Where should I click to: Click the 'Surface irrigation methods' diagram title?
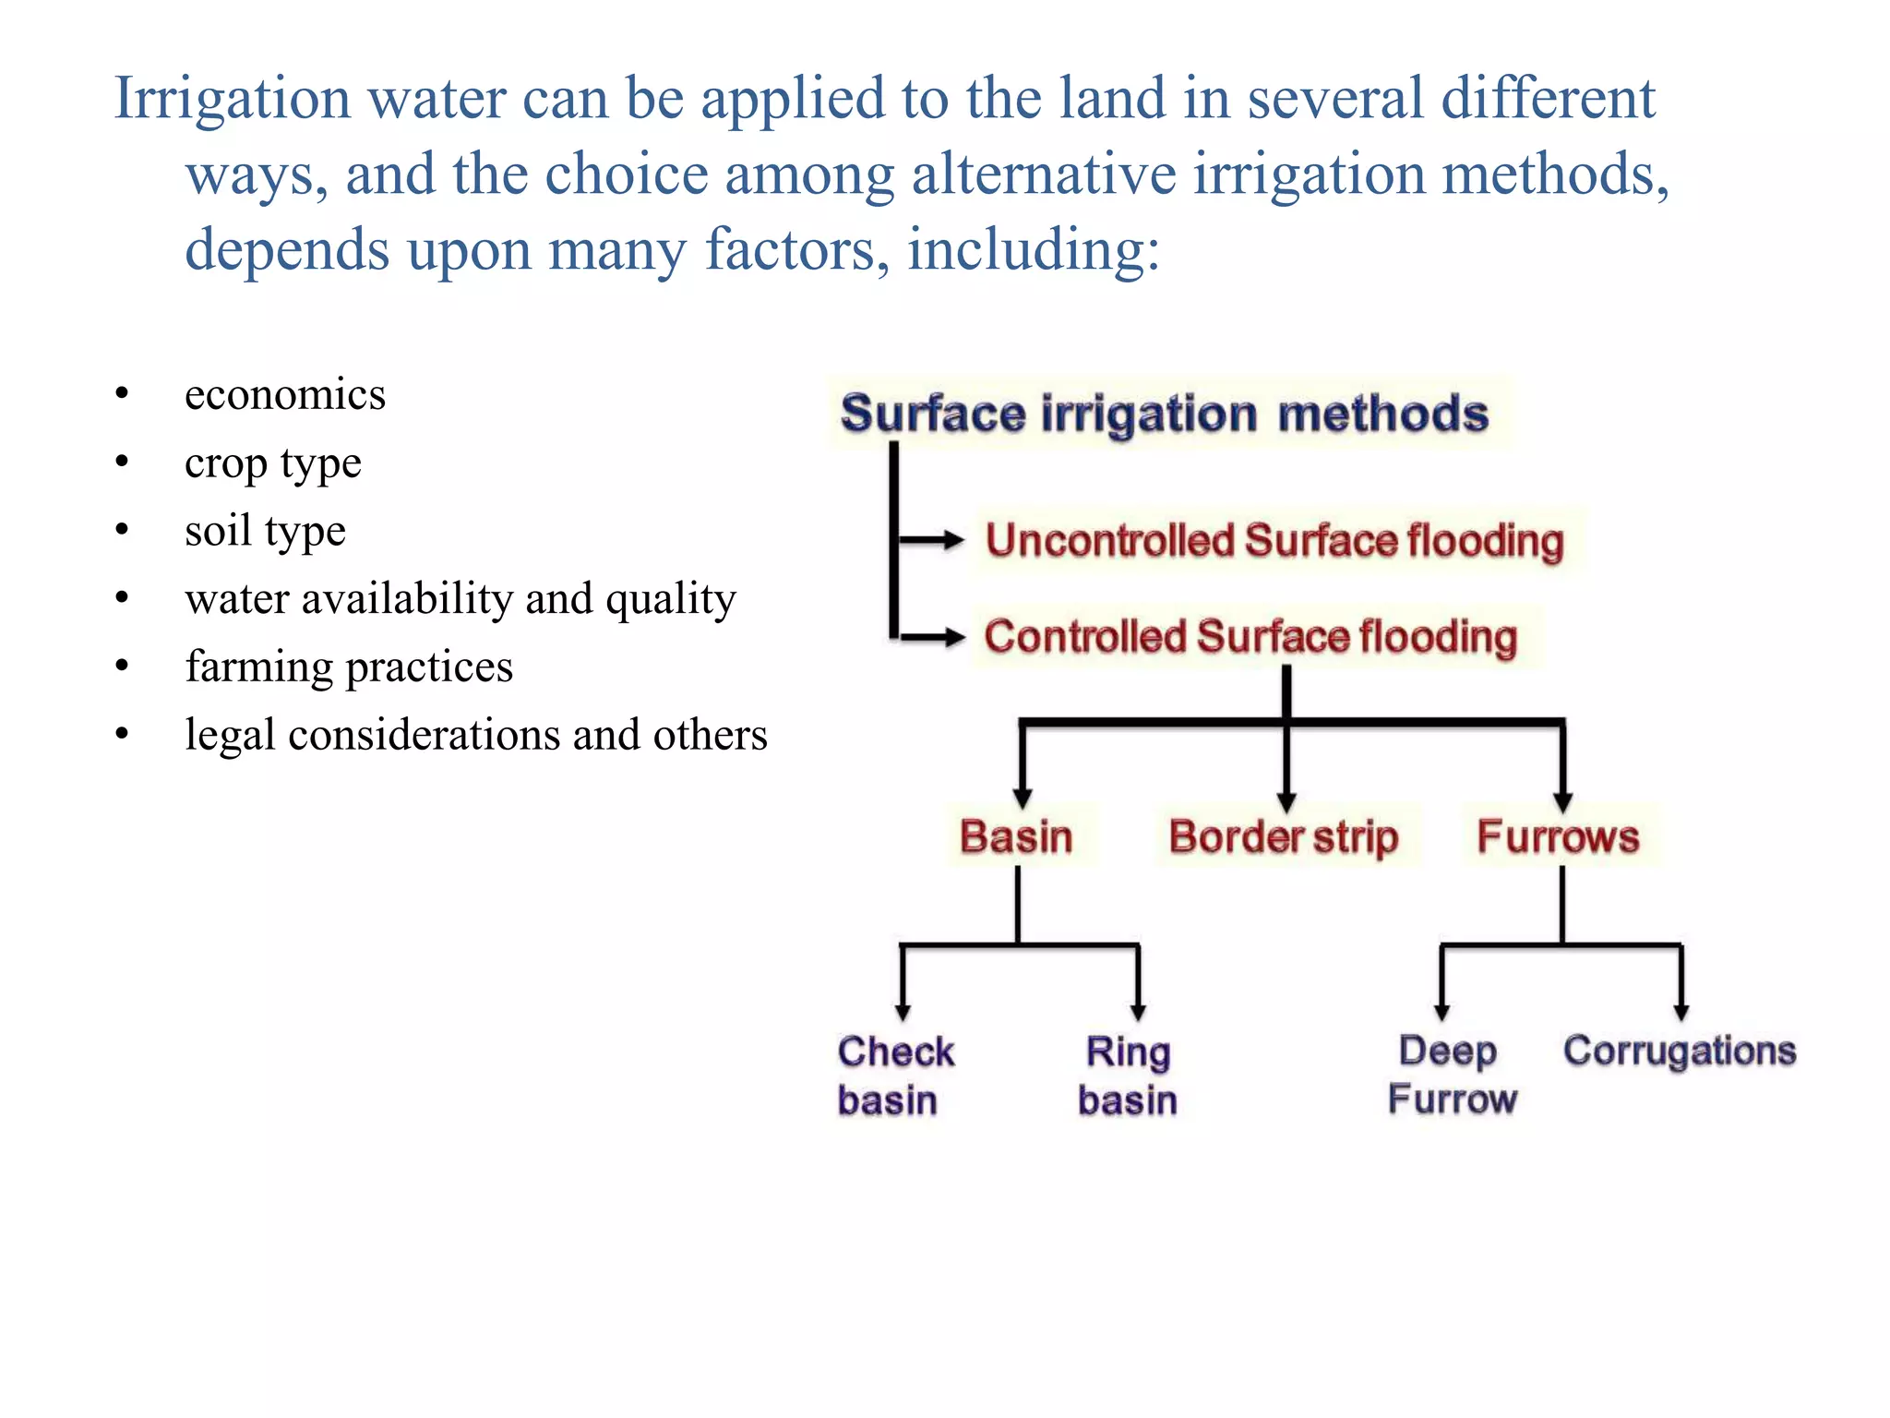point(1165,414)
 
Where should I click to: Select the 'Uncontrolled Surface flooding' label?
point(1274,541)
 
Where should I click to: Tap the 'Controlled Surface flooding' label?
point(1250,637)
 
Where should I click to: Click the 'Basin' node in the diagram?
point(1016,836)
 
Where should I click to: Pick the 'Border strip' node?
point(1284,836)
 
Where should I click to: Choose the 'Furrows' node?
point(1558,836)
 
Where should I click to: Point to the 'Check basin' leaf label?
point(895,1076)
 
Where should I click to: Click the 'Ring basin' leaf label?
point(1128,1076)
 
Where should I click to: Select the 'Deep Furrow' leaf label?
point(1452,1075)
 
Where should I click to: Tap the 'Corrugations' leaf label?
point(1680,1051)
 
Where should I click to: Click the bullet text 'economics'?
point(285,394)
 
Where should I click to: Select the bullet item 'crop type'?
point(273,463)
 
